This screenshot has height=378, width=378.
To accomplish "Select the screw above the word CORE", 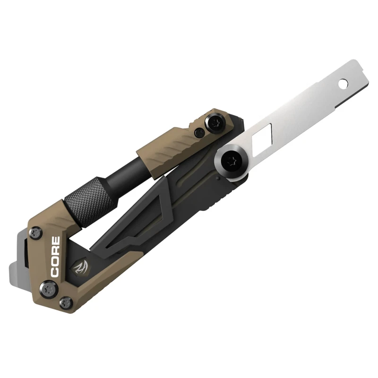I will (x=36, y=232).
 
